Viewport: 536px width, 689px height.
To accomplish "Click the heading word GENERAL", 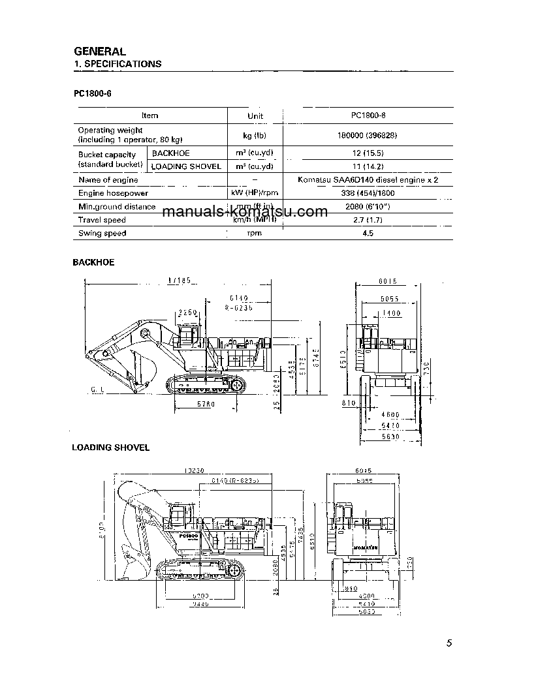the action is (x=100, y=51).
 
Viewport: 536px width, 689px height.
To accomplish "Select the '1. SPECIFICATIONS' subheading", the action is (x=118, y=64).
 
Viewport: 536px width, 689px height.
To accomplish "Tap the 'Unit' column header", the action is (x=255, y=115).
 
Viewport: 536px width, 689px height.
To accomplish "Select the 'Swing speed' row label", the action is (x=102, y=233).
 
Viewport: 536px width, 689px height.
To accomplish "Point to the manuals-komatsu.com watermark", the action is (x=244, y=212).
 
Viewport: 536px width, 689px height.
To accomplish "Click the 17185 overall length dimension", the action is (x=178, y=281).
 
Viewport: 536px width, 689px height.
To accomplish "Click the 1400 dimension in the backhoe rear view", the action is (x=392, y=314).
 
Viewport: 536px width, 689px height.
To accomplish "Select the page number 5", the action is (x=449, y=643).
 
